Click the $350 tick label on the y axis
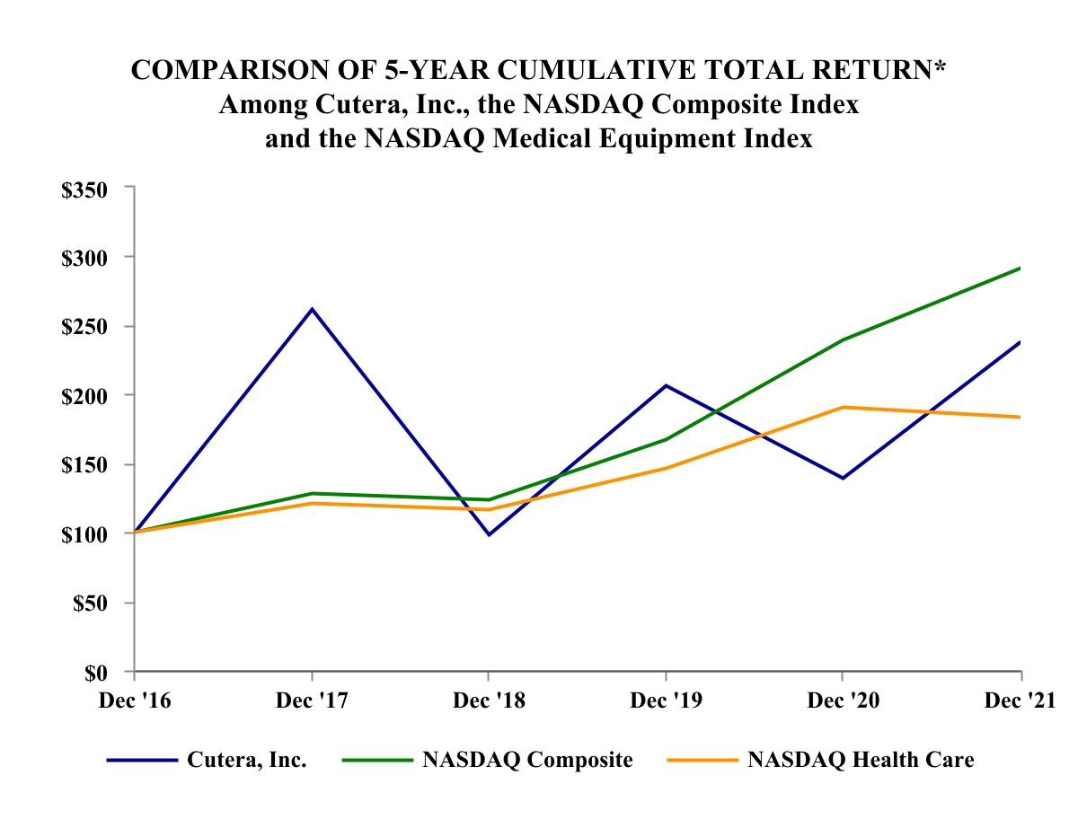(x=84, y=189)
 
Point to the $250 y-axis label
(x=84, y=326)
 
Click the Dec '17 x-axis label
(x=311, y=700)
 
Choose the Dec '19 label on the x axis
(x=664, y=700)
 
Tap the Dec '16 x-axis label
(x=135, y=700)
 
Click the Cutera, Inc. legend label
(x=247, y=760)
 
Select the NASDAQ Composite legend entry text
(x=527, y=760)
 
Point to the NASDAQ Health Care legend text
(x=861, y=760)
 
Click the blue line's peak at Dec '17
(x=312, y=309)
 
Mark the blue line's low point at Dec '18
(x=488, y=535)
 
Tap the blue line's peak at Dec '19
(x=665, y=385)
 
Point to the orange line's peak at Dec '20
(x=842, y=407)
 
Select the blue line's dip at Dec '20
(x=842, y=478)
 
